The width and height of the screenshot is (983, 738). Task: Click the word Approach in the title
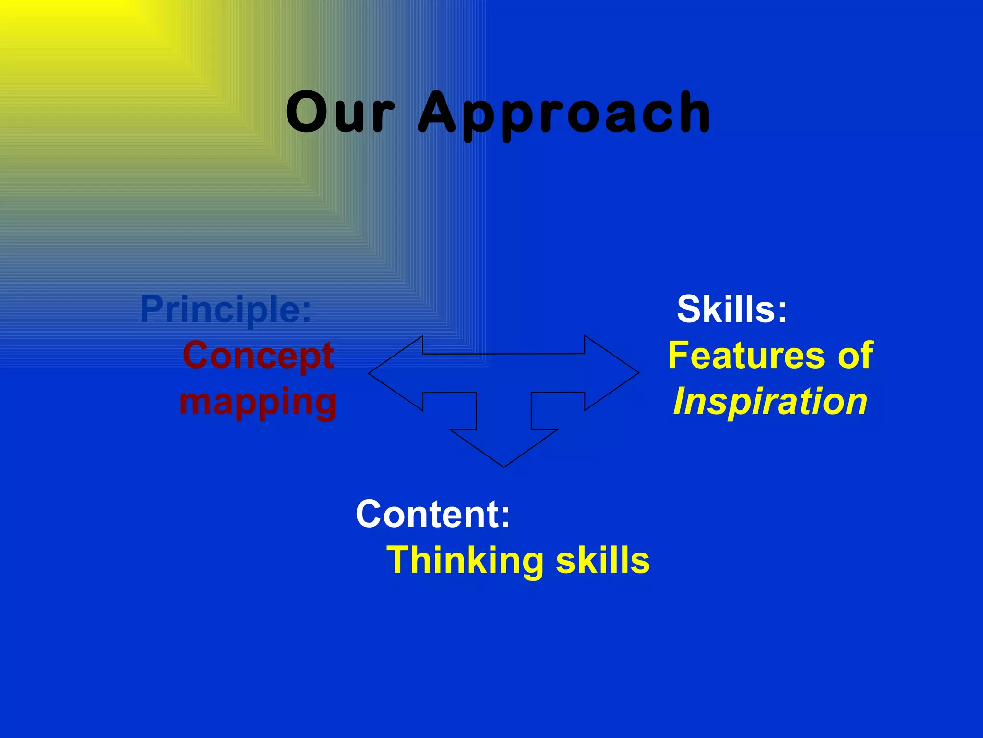tap(564, 114)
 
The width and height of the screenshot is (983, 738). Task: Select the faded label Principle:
tap(226, 309)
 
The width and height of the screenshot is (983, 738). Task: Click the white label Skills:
tap(732, 309)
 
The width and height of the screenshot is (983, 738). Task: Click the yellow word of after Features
tap(855, 356)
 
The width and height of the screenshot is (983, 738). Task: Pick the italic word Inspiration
tap(770, 402)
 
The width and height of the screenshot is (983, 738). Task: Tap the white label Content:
tap(432, 514)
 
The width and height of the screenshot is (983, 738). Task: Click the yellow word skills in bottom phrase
tap(602, 560)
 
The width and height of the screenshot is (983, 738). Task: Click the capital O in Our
tap(307, 112)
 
